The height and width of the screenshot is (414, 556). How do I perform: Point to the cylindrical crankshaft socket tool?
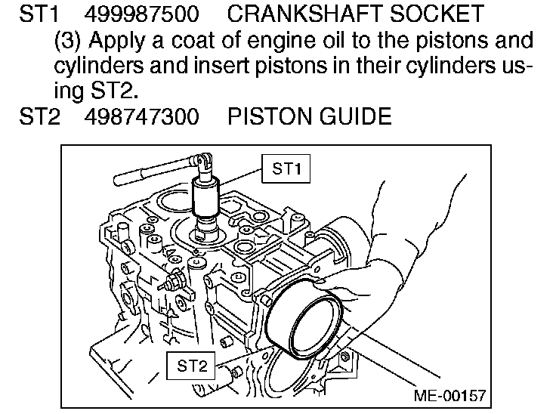point(205,196)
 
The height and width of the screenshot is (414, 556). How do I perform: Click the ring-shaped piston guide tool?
point(306,317)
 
